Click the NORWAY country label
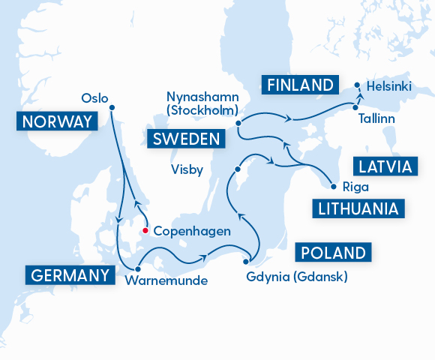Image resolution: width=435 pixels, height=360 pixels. coord(57,122)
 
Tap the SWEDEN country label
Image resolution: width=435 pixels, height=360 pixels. coord(187,139)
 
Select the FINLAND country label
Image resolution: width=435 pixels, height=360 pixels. coord(298,84)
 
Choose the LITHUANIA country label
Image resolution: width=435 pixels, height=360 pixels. coord(357,207)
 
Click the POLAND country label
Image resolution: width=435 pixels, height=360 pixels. coord(334,251)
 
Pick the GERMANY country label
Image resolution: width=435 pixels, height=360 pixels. coord(69,275)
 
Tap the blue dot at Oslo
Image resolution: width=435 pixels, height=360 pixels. coord(112,107)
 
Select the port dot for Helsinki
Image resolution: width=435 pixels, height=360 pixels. coord(357,85)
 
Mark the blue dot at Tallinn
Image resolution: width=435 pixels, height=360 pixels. coord(354,106)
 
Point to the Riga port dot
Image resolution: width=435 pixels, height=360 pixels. coord(331,186)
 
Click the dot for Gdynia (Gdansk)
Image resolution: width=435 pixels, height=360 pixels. coord(246,262)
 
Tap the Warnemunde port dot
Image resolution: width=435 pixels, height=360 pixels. coord(138,268)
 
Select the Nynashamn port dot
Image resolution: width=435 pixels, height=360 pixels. coord(238,122)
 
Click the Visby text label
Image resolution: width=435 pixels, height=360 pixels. coord(187,169)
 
